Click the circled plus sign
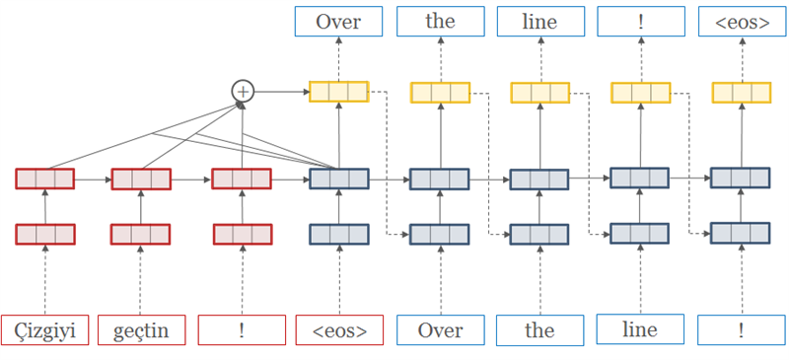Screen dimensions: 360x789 point(242,91)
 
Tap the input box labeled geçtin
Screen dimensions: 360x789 point(141,329)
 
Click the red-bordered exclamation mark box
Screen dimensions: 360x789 point(242,329)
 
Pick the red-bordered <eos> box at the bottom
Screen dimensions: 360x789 point(338,329)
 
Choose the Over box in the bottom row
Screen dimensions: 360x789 point(440,329)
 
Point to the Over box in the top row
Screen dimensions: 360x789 point(338,22)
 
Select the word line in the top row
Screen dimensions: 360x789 point(539,22)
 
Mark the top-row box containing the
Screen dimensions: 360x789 point(440,22)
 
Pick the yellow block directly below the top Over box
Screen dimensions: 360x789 point(338,92)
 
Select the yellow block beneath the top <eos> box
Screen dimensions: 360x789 point(742,93)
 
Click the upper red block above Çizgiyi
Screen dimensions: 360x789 point(44,179)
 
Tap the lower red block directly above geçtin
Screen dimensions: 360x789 point(141,235)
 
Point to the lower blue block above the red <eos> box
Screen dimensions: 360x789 point(338,235)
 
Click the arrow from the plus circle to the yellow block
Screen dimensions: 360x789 point(281,91)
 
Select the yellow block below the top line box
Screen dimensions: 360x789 point(539,93)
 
